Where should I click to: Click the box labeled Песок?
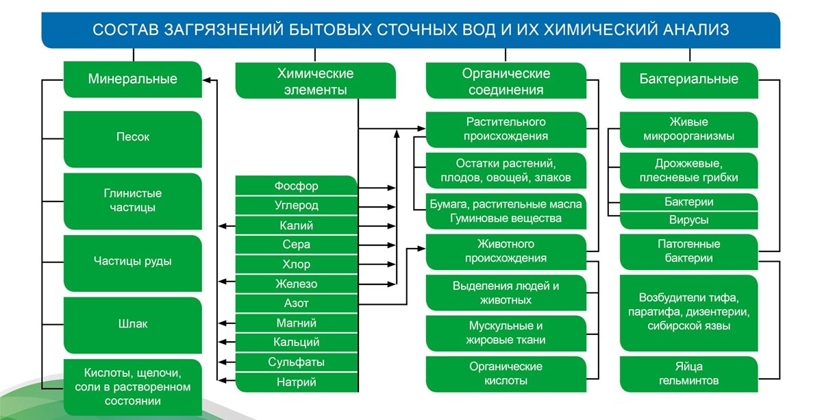pos(132,137)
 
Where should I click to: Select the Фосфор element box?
pos(296,186)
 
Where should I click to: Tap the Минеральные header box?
pos(132,79)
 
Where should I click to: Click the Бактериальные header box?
pos(688,79)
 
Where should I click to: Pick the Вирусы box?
pos(688,221)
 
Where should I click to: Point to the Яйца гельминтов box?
pos(688,373)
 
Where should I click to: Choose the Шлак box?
pos(132,323)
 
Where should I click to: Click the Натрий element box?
pos(296,382)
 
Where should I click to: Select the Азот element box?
pos(296,303)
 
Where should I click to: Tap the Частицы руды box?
pos(132,261)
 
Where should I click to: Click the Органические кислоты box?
pos(506,373)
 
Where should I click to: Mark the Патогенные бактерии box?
pos(688,251)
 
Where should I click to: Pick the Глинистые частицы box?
pos(132,200)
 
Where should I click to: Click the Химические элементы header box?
pos(315,81)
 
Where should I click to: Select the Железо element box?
pos(296,284)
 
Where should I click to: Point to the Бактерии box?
pos(688,202)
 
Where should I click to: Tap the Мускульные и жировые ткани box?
pos(506,332)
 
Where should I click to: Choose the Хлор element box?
pos(296,264)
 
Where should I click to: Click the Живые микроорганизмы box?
pos(688,129)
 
